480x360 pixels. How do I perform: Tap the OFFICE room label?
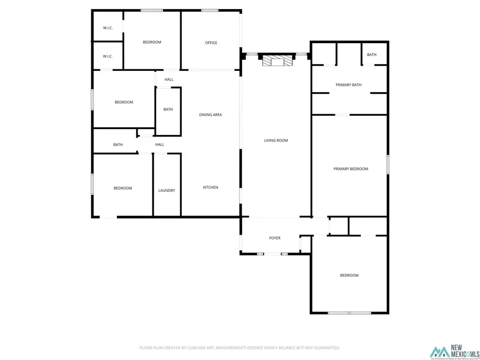pyautogui.click(x=211, y=43)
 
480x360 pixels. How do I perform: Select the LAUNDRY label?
pyautogui.click(x=166, y=190)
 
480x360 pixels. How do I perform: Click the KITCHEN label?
pyautogui.click(x=210, y=187)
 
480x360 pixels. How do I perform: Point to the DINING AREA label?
pyautogui.click(x=210, y=115)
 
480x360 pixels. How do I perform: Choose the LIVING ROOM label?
pyautogui.click(x=276, y=140)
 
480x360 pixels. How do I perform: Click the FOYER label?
pyautogui.click(x=274, y=238)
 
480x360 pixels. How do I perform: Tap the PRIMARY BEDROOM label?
pyautogui.click(x=350, y=169)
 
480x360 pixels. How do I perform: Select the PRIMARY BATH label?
pyautogui.click(x=348, y=85)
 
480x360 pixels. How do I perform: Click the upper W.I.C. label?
pyautogui.click(x=108, y=28)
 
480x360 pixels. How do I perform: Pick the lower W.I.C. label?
pyautogui.click(x=108, y=56)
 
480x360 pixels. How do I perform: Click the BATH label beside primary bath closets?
pyautogui.click(x=371, y=54)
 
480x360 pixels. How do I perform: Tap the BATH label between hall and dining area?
pyautogui.click(x=168, y=109)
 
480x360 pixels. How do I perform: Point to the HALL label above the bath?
pyautogui.click(x=169, y=79)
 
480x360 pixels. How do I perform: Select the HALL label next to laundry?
pyautogui.click(x=159, y=145)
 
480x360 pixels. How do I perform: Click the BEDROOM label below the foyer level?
pyautogui.click(x=349, y=275)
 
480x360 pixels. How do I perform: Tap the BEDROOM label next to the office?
pyautogui.click(x=152, y=42)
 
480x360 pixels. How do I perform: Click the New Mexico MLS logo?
pyautogui.click(x=454, y=352)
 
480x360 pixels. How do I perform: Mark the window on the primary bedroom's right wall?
pyautogui.click(x=388, y=164)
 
